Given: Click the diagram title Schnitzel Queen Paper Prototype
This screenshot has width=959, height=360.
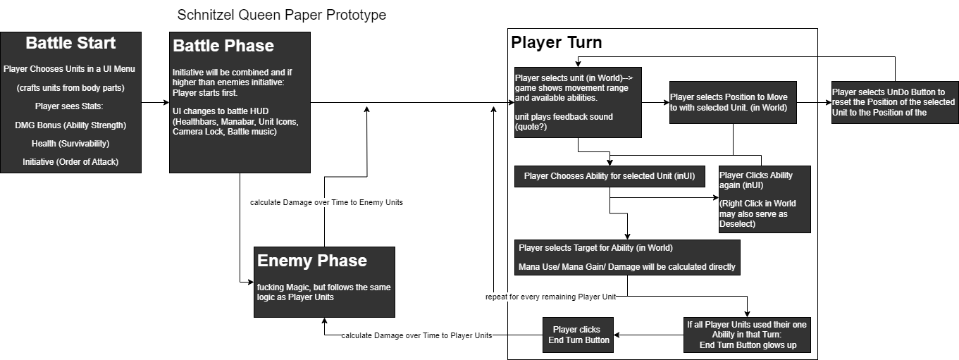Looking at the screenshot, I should [x=282, y=15].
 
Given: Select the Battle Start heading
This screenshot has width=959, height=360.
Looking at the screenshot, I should [x=70, y=43].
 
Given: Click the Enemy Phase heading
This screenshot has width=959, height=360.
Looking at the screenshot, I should [x=312, y=261].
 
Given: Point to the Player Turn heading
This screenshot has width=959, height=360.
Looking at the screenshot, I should [x=557, y=42].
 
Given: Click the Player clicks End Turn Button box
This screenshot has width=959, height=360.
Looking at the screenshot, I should [x=577, y=335].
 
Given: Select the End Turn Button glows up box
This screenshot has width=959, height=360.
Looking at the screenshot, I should [x=747, y=335].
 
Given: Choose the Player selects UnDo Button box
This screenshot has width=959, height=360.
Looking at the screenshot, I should [x=893, y=102].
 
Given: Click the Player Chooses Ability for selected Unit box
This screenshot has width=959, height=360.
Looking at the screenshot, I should [x=610, y=176].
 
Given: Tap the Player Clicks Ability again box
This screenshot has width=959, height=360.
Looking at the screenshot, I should [x=765, y=199].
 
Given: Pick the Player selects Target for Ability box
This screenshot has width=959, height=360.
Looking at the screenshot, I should [x=627, y=257].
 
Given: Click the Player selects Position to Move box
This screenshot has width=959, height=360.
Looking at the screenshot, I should [x=733, y=102].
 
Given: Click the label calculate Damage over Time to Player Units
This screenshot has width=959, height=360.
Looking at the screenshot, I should [x=416, y=335].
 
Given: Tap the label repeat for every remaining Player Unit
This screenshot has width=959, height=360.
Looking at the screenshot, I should [x=551, y=297].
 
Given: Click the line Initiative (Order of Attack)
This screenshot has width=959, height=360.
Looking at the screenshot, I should [x=70, y=162].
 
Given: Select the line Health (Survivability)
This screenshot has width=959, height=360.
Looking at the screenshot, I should [x=70, y=144].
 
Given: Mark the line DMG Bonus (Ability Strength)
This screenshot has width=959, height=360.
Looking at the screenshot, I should [x=70, y=125].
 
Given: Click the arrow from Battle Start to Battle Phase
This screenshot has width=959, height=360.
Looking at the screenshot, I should [x=155, y=103].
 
